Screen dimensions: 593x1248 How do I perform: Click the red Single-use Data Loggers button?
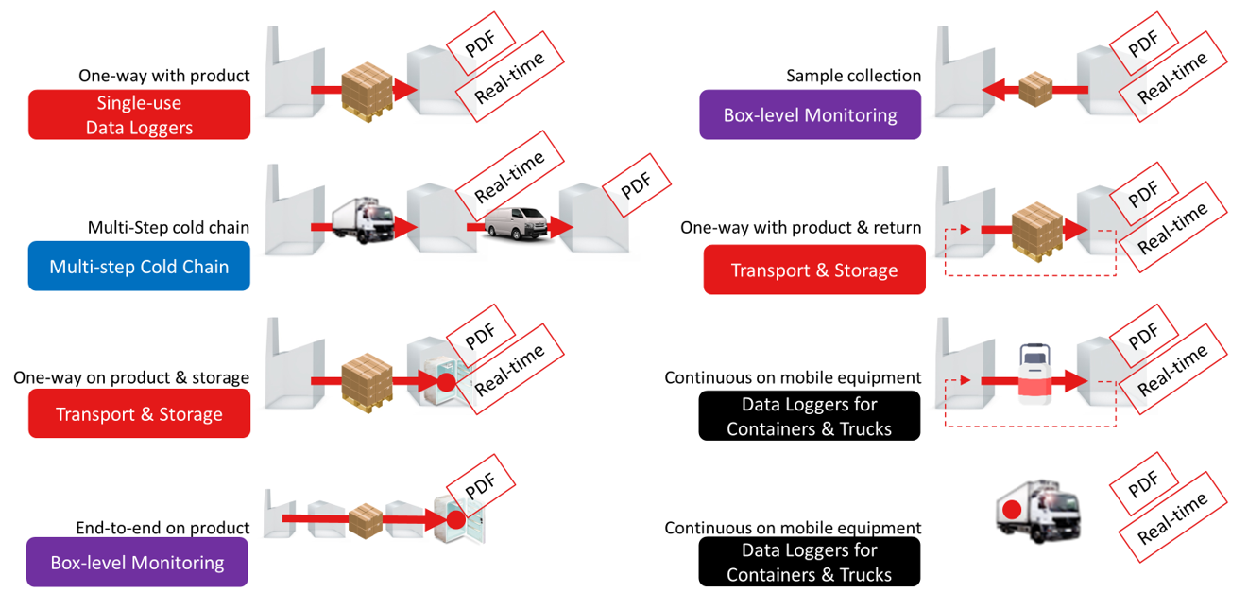[x=139, y=114]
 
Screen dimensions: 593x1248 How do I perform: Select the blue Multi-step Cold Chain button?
[x=139, y=267]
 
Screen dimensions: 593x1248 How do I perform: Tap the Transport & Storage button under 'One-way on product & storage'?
[x=139, y=414]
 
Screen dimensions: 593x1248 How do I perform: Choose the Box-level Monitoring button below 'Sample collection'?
[x=810, y=115]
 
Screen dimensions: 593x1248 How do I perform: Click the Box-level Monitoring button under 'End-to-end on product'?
[x=137, y=563]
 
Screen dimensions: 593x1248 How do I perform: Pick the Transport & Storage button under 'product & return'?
[x=813, y=270]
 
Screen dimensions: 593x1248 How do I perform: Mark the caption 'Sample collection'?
[x=853, y=76]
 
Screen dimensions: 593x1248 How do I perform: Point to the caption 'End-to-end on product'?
[x=162, y=528]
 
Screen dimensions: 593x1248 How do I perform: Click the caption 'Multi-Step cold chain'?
[x=168, y=228]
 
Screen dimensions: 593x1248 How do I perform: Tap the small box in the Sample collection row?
[x=1035, y=89]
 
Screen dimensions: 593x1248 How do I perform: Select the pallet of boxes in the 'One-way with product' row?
[x=367, y=91]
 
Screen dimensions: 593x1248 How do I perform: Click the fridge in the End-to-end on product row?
[x=458, y=519]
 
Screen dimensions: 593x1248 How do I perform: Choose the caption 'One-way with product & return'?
[x=801, y=228]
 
